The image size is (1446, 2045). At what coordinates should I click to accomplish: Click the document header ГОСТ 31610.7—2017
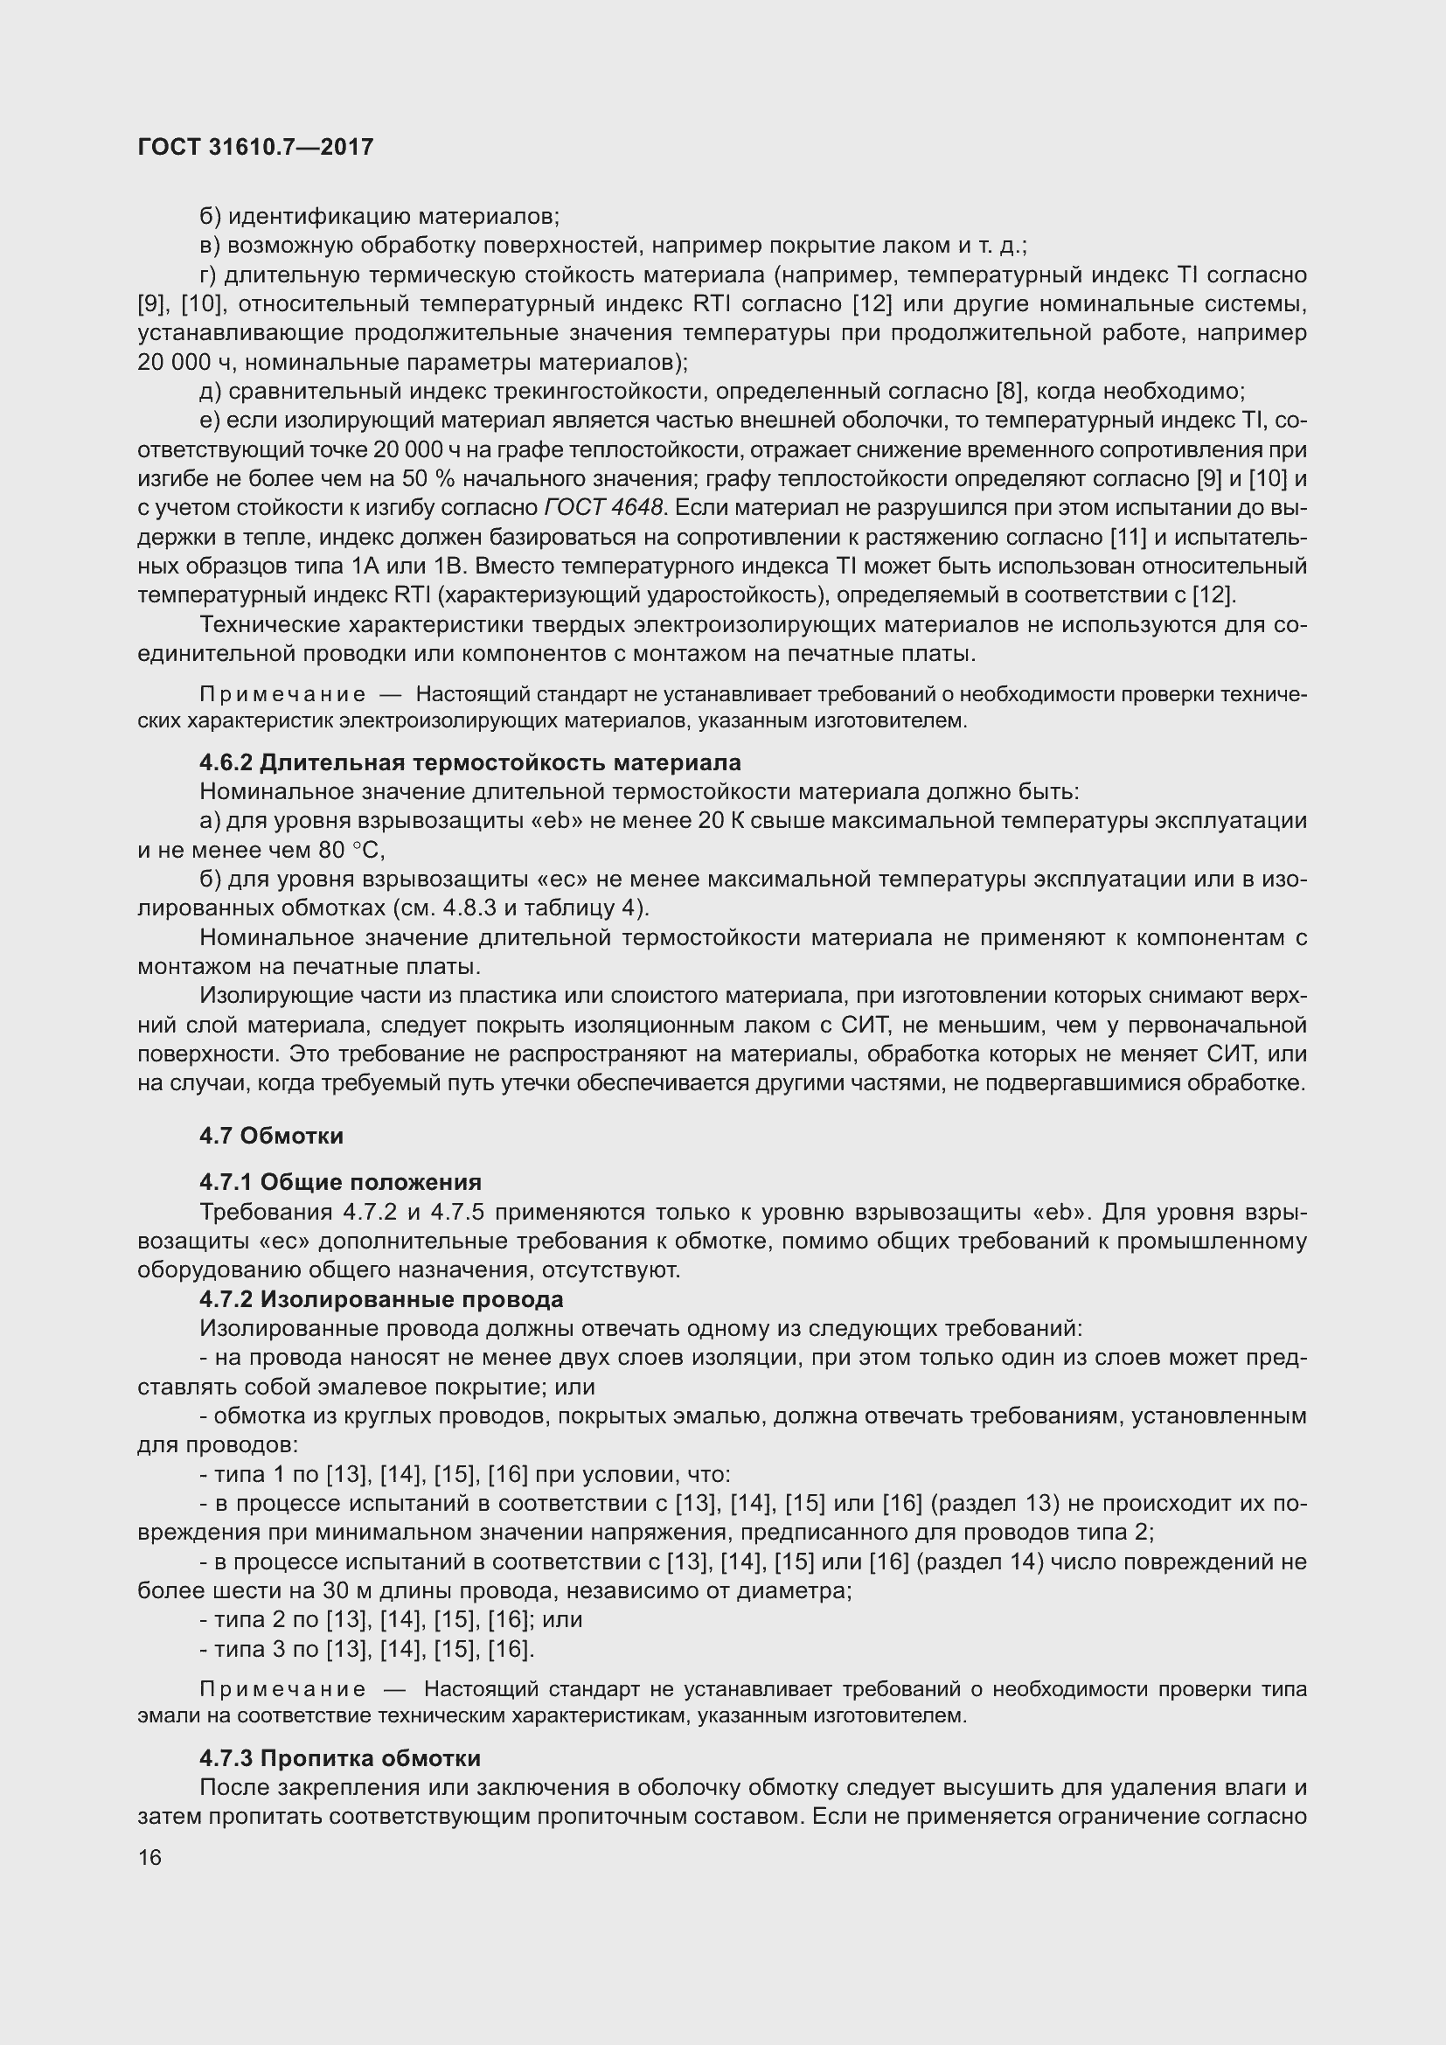(255, 147)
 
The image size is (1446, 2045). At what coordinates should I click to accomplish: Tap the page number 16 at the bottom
(149, 1857)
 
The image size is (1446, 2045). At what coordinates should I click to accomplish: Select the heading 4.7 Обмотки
(272, 1136)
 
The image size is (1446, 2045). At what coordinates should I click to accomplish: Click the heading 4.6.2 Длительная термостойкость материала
(470, 762)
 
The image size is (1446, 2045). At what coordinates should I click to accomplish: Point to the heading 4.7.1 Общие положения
(340, 1182)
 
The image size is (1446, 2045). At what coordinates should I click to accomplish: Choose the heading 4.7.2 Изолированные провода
(381, 1298)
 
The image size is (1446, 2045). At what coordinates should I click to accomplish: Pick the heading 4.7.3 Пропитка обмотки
(340, 1758)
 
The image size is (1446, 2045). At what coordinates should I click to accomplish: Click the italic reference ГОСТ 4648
(604, 508)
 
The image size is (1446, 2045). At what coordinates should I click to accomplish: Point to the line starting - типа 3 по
(367, 1649)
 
